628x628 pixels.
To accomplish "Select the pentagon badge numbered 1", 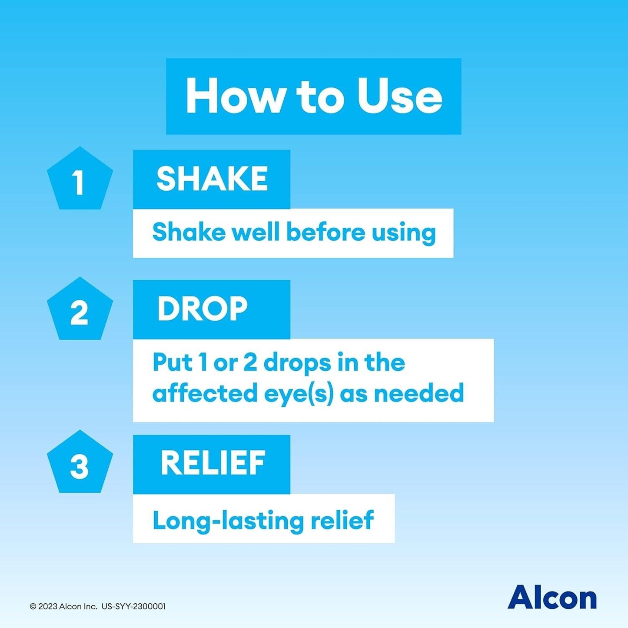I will [x=80, y=180].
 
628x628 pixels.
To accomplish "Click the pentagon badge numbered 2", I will [x=80, y=310].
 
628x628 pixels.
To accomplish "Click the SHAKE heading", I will [x=212, y=179].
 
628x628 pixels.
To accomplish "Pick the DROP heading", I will [x=202, y=309].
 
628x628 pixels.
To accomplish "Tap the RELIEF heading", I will [x=213, y=463].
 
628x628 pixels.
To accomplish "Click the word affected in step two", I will [x=205, y=393].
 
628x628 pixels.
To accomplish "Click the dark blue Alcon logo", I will [x=552, y=598].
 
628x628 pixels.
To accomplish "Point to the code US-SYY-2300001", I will [x=133, y=606].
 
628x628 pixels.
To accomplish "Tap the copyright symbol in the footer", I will [x=33, y=606].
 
